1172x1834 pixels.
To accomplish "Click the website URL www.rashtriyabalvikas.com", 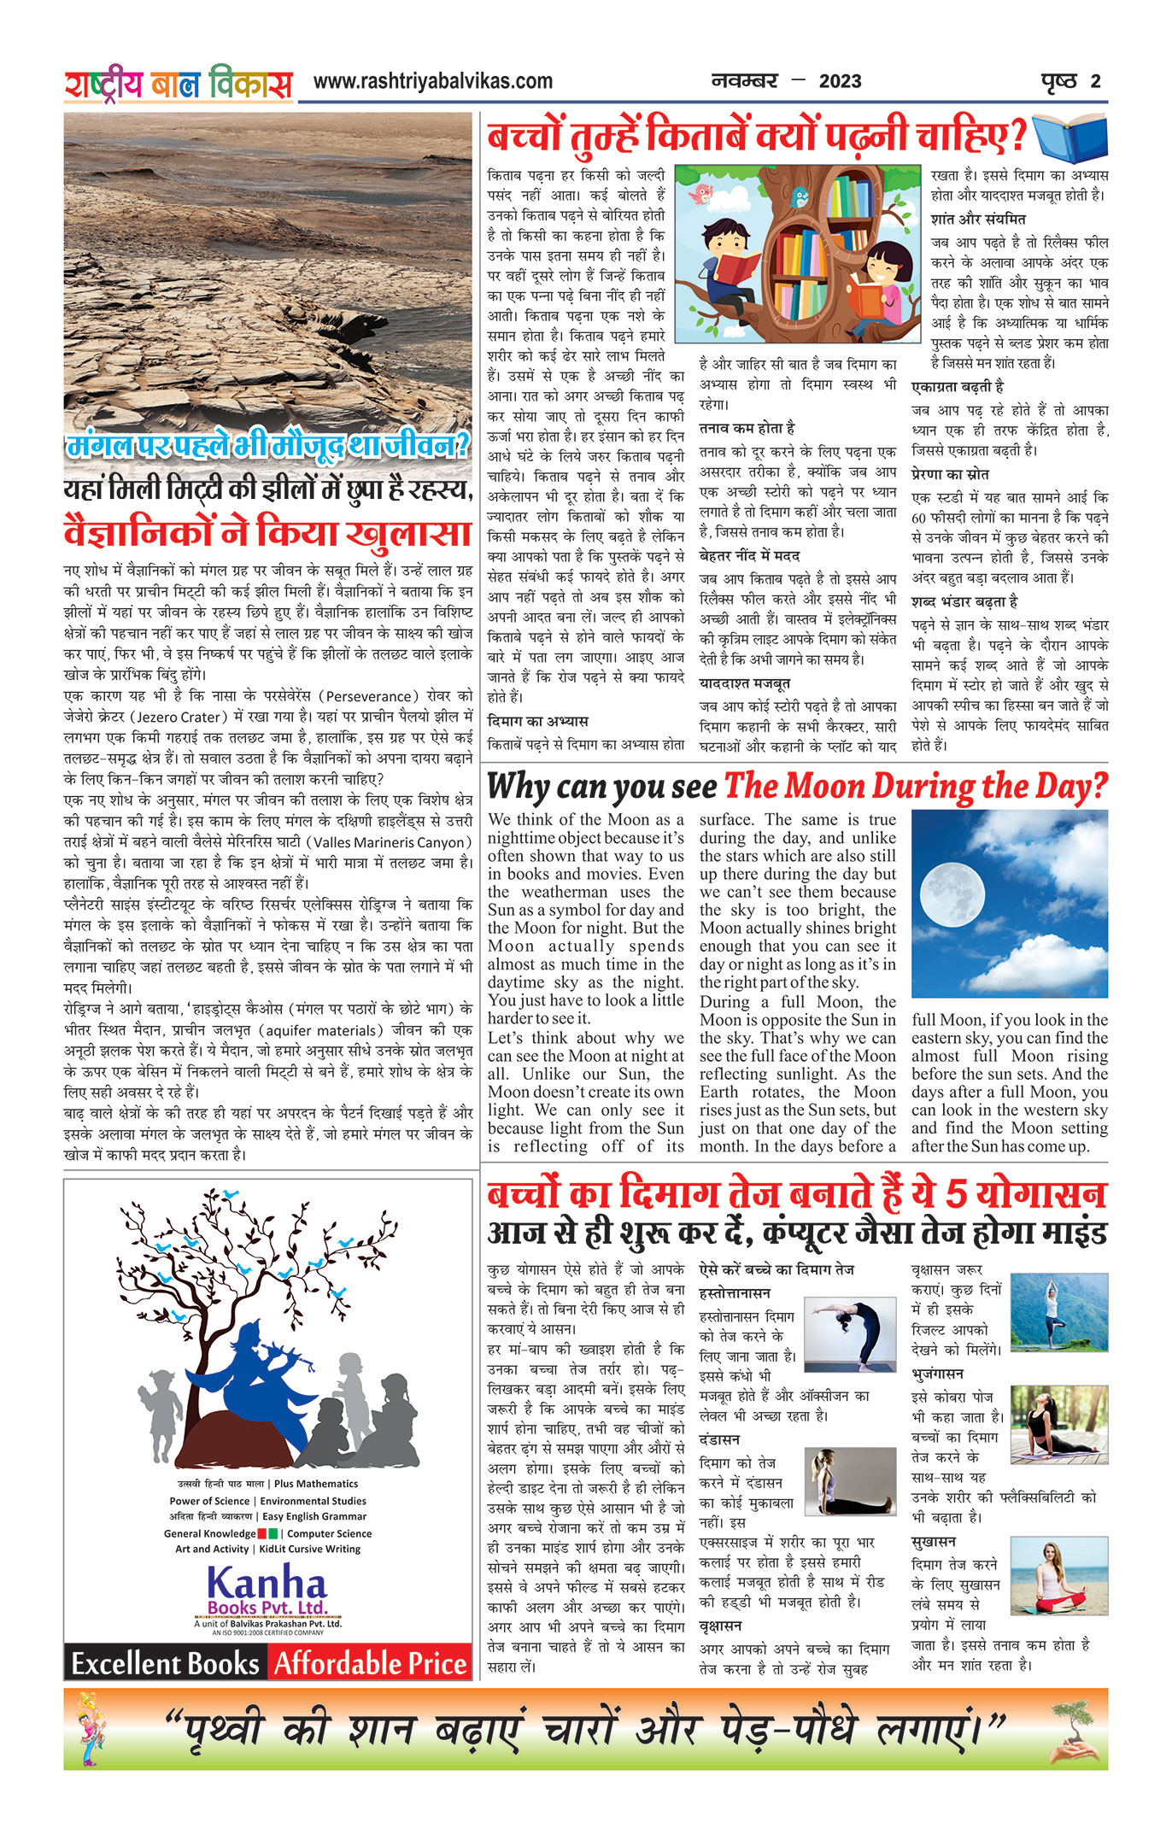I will coord(432,82).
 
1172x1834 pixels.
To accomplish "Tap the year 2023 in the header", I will coord(840,82).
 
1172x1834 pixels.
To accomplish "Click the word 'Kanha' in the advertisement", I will coord(267,1583).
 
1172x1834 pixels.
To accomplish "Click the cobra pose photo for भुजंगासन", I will coord(1058,1424).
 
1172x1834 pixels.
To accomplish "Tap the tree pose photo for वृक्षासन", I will coord(1058,1311).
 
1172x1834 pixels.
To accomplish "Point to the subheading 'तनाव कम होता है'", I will coord(747,428).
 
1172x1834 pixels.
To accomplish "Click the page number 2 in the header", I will coord(1095,82).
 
